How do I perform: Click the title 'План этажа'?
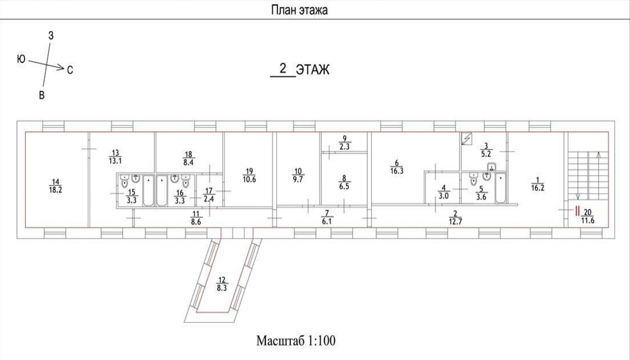(x=299, y=10)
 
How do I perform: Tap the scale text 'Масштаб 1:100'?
(x=296, y=341)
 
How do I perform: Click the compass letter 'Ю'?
(x=21, y=59)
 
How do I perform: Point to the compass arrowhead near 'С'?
(x=60, y=67)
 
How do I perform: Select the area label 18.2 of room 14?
(x=56, y=190)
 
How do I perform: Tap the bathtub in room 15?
(x=148, y=190)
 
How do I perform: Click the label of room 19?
(x=249, y=175)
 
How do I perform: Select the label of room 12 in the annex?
(x=222, y=284)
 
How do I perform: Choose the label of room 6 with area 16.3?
(x=397, y=167)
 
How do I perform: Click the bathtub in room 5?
(x=500, y=188)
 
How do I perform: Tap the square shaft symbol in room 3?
(x=467, y=139)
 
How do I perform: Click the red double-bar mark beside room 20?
(x=577, y=211)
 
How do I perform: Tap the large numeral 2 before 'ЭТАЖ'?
(x=283, y=68)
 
